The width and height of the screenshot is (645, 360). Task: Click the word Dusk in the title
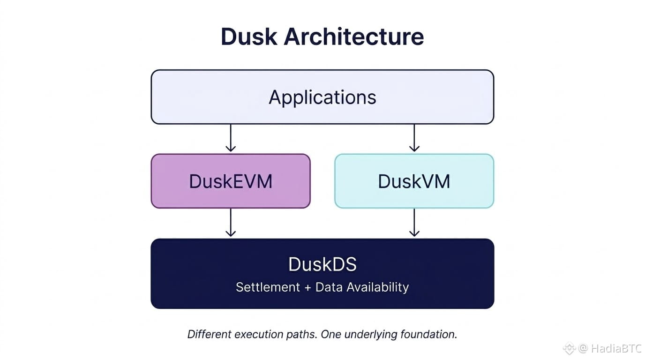249,37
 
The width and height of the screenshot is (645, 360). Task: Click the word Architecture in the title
354,37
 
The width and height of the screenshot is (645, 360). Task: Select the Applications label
322,97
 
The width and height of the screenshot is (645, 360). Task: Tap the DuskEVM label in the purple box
231,181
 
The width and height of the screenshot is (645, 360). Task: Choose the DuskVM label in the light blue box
414,181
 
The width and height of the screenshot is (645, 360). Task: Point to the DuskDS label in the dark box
322,264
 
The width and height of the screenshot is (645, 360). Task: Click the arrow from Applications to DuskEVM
231,138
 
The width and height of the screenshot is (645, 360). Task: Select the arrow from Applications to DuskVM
414,138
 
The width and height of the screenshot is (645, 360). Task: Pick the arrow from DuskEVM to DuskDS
231,223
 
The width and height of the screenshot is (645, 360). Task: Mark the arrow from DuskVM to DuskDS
414,223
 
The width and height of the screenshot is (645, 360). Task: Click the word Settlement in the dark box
268,287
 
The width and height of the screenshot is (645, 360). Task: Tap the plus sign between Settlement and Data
308,287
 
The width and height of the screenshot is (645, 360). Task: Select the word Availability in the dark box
377,287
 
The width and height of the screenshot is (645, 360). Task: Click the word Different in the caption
210,334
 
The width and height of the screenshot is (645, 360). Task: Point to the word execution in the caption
259,335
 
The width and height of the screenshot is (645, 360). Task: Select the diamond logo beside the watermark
569,348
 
